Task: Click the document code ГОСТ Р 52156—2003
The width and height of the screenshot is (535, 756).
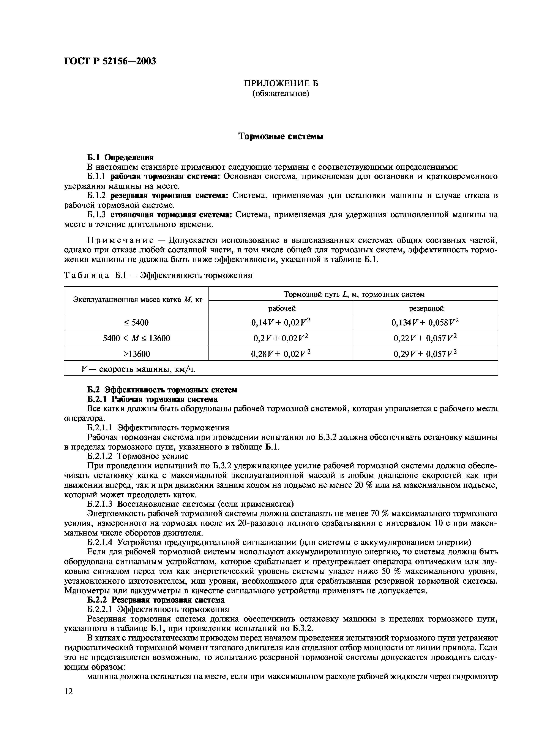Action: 110,61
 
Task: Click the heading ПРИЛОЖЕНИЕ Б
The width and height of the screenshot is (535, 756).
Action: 281,83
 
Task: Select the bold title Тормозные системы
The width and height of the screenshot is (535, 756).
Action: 281,136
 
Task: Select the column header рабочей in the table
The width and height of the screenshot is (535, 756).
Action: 281,308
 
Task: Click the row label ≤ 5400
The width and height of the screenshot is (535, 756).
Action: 136,323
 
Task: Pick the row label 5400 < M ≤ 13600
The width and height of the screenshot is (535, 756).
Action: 136,338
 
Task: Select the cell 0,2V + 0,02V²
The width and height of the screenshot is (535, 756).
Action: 281,338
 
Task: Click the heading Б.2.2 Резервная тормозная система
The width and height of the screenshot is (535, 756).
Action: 156,600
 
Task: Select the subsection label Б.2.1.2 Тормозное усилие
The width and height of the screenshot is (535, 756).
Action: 138,456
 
